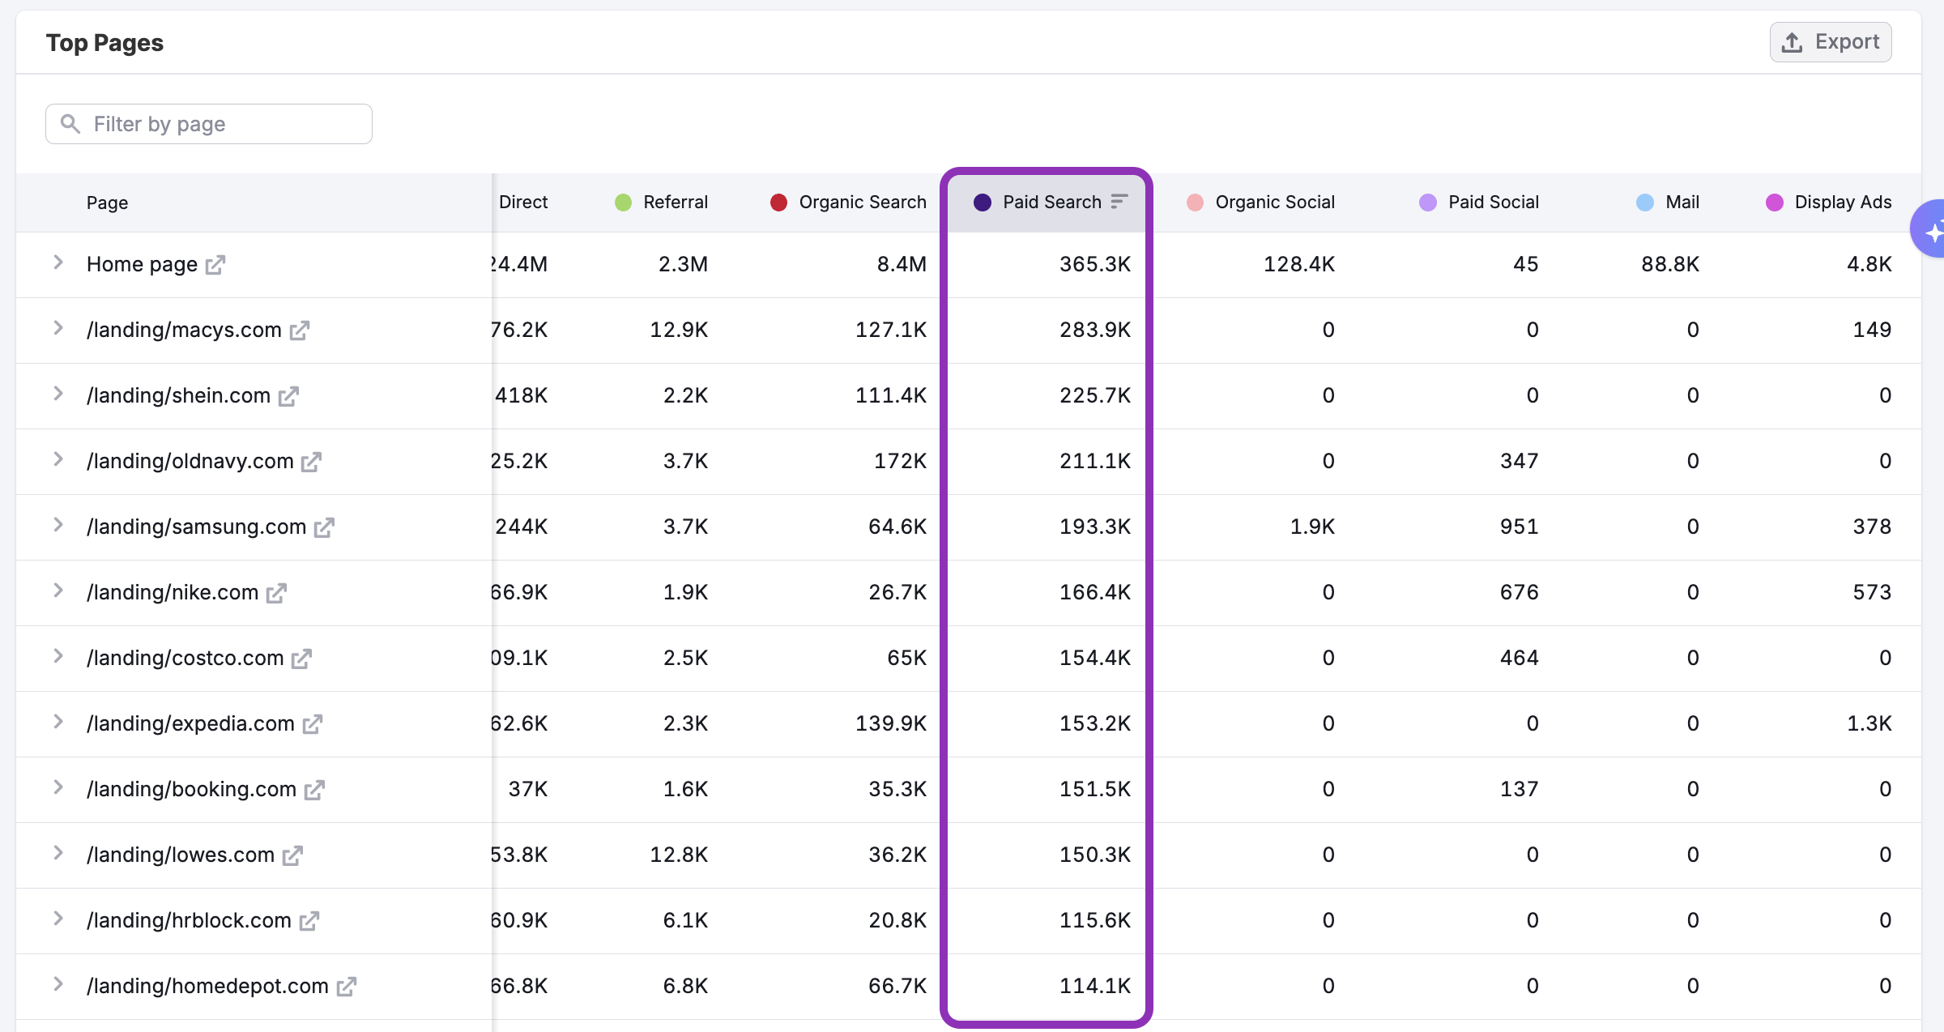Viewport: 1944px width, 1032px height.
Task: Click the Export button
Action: [1830, 42]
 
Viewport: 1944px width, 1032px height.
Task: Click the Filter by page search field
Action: [209, 124]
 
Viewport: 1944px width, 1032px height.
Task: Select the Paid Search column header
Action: [1051, 203]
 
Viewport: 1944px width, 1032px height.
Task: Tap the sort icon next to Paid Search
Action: [1119, 202]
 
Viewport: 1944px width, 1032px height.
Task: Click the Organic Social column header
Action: [1274, 203]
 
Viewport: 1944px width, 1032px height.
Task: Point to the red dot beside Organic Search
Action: [778, 203]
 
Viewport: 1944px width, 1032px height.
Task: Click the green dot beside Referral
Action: [623, 203]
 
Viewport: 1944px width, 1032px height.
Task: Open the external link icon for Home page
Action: [215, 265]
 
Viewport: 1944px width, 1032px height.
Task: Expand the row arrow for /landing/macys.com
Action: [58, 328]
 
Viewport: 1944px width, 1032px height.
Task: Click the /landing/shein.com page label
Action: [178, 395]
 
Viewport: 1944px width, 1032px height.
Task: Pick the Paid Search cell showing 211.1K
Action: [1094, 461]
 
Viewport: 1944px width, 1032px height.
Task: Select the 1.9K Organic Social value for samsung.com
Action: [1311, 527]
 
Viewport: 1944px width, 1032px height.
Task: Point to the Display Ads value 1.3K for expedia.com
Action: [1869, 723]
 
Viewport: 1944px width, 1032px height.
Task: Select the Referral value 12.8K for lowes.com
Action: [678, 855]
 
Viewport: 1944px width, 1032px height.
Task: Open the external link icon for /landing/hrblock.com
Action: [309, 921]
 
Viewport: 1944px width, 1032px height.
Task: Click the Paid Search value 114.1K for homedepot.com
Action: [1094, 986]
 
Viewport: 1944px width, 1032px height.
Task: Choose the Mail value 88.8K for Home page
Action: [1669, 264]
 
